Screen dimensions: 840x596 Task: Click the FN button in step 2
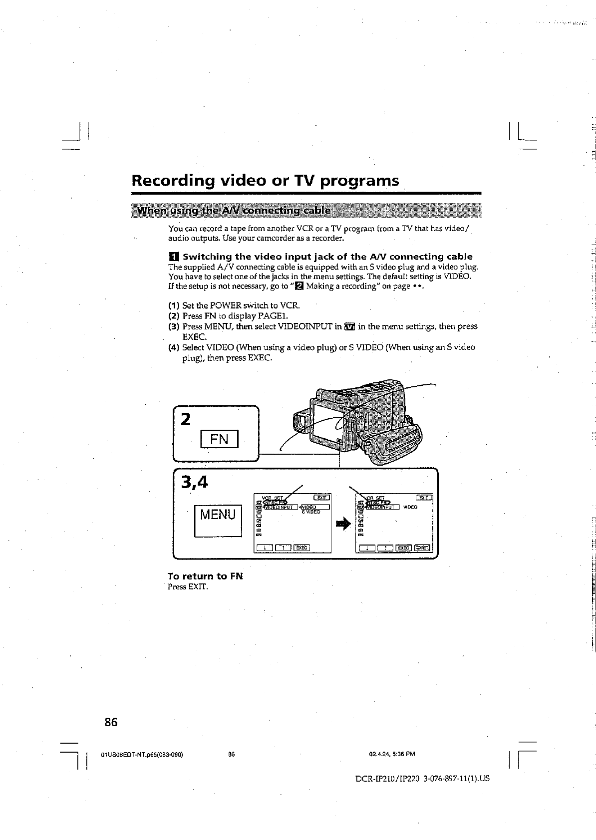(x=219, y=439)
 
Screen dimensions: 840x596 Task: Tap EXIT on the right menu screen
(x=424, y=497)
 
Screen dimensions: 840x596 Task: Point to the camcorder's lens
(x=300, y=423)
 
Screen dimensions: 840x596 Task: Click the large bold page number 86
(x=111, y=722)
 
